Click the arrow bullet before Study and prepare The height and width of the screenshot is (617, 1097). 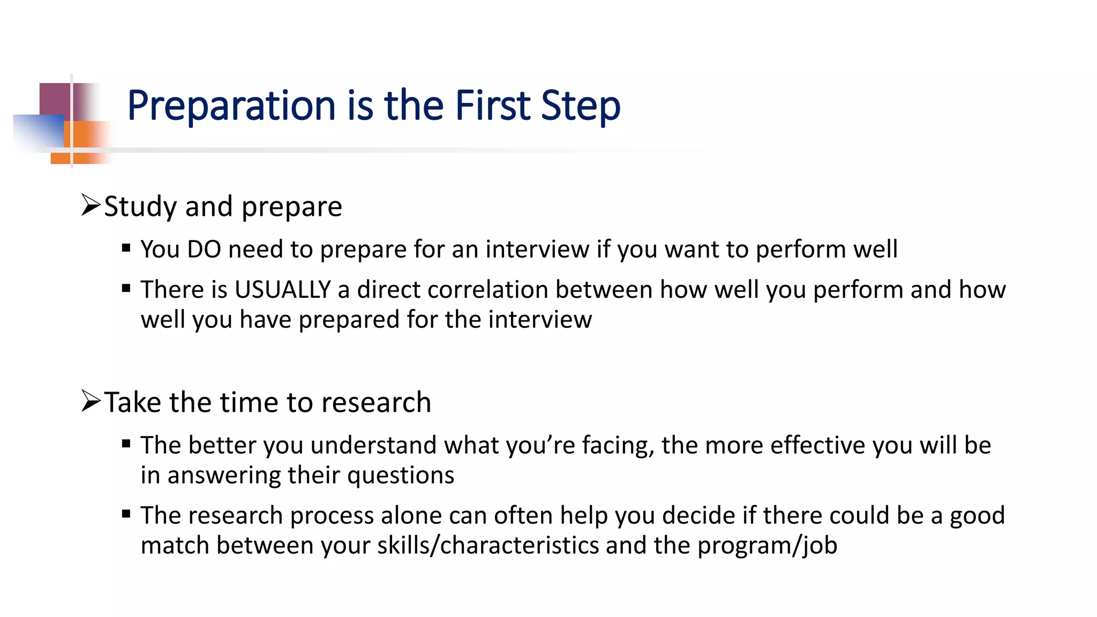(91, 205)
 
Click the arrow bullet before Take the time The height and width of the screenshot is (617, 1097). (91, 401)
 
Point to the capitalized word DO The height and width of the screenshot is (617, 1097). (204, 250)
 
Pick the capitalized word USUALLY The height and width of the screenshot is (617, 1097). (283, 290)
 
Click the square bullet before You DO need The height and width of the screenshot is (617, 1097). (126, 248)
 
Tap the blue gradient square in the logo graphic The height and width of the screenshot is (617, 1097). (37, 131)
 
